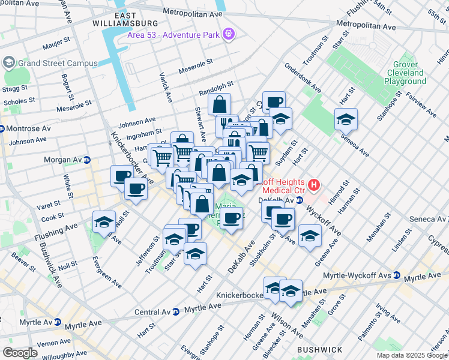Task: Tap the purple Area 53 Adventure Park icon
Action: tap(228, 34)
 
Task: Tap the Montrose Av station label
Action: tap(24, 128)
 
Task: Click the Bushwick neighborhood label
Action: tap(319, 349)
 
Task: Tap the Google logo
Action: tap(20, 353)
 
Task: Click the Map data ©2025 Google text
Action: tap(412, 355)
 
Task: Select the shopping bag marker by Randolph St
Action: tap(220, 104)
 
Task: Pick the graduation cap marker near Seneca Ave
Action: tap(346, 120)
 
